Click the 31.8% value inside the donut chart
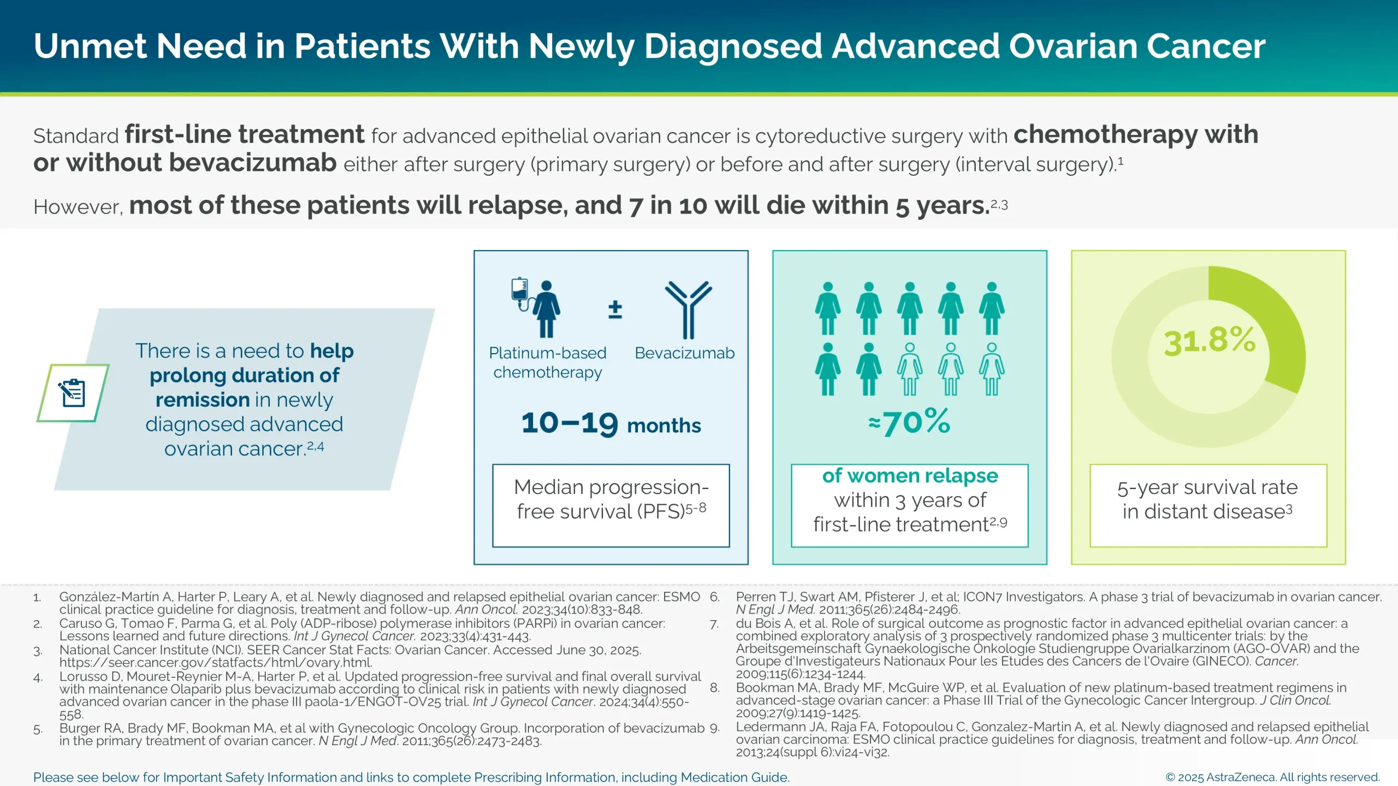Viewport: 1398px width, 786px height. pyautogui.click(x=1210, y=341)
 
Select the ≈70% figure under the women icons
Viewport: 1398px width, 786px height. pyautogui.click(x=910, y=422)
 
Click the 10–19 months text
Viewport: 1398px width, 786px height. pyautogui.click(x=611, y=424)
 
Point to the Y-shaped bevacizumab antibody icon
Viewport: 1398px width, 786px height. pyautogui.click(x=688, y=309)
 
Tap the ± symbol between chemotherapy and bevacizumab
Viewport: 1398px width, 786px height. pyautogui.click(x=615, y=309)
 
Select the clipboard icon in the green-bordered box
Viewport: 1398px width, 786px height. pyautogui.click(x=73, y=393)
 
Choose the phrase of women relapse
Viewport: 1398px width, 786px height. pyautogui.click(x=910, y=476)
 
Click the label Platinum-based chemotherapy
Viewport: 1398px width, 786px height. pyautogui.click(x=548, y=362)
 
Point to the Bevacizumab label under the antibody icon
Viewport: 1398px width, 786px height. pyautogui.click(x=684, y=353)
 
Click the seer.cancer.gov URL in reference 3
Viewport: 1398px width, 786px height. pyautogui.click(x=216, y=663)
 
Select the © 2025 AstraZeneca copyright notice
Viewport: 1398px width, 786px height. pyautogui.click(x=1272, y=777)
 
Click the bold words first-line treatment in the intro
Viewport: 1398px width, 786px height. pyautogui.click(x=244, y=135)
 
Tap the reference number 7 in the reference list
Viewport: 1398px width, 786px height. pyautogui.click(x=714, y=624)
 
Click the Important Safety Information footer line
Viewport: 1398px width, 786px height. pyautogui.click(x=411, y=777)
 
